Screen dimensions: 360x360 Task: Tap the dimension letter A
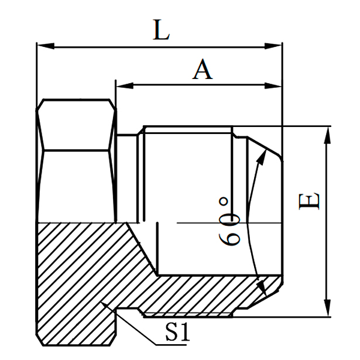pos(203,70)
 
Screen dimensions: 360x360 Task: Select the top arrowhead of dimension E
pos(325,132)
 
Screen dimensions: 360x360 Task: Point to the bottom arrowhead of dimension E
pos(325,310)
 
